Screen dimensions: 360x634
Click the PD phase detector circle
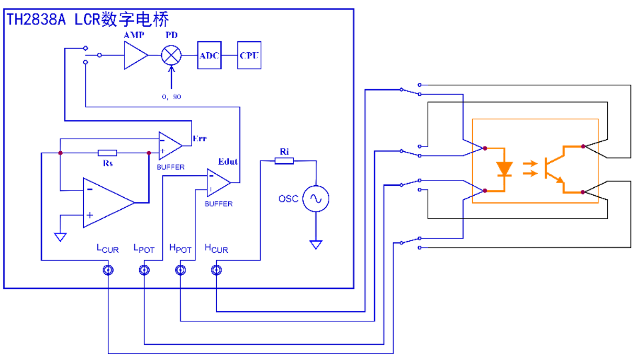tap(171, 55)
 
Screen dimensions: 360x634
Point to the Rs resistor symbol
tap(107, 153)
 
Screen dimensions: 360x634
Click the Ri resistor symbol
tap(284, 161)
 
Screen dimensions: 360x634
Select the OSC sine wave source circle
tap(316, 199)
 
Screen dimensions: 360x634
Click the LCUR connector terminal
tap(108, 270)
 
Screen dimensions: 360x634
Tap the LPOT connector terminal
tap(144, 270)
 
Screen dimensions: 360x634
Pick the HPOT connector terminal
tap(180, 270)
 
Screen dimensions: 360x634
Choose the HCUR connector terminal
tap(216, 270)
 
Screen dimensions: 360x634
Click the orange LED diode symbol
tap(504, 169)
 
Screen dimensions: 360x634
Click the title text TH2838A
tap(37, 20)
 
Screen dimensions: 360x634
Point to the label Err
tap(199, 139)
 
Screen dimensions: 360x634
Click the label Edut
tap(228, 162)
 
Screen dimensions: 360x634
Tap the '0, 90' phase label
tap(171, 97)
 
